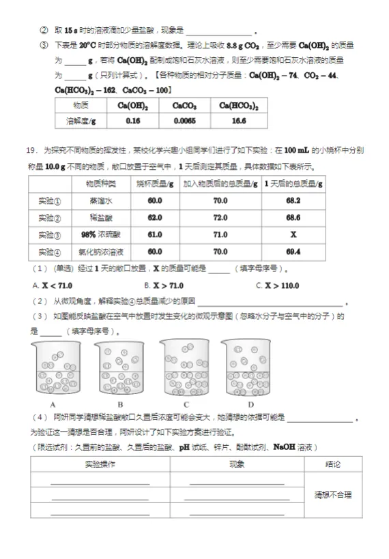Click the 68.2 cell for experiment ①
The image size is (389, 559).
pyautogui.click(x=293, y=200)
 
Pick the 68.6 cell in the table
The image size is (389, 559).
pyautogui.click(x=293, y=217)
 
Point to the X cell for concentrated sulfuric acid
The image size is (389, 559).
pyautogui.click(x=293, y=235)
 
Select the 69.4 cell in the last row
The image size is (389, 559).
pyautogui.click(x=293, y=252)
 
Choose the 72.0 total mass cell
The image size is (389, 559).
pyautogui.click(x=220, y=217)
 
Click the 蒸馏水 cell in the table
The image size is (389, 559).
pyautogui.click(x=100, y=200)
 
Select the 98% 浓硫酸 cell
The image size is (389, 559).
pyautogui.click(x=100, y=235)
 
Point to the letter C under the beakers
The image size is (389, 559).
pyautogui.click(x=186, y=403)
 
